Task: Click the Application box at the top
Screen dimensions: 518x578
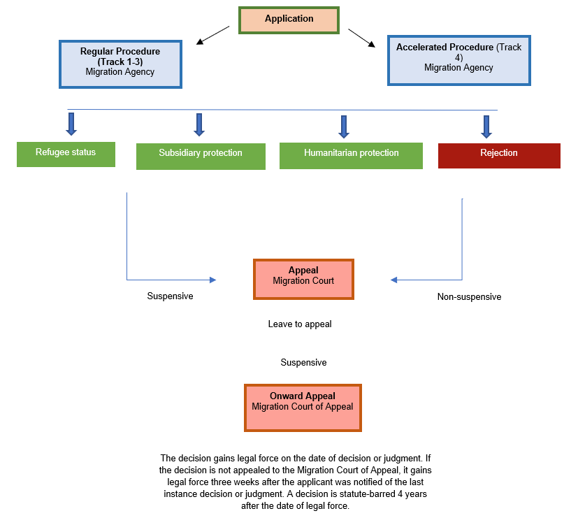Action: (289, 20)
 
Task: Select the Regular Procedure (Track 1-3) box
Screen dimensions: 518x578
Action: (120, 63)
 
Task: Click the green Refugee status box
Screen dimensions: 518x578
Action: (66, 153)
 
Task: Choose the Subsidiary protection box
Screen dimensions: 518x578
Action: (201, 155)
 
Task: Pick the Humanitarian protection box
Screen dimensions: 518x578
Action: (351, 154)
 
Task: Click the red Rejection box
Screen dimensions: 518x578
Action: (499, 154)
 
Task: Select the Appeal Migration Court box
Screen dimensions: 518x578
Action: (303, 278)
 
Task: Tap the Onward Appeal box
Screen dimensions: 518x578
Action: (303, 407)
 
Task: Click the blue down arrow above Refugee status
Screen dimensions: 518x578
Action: (71, 124)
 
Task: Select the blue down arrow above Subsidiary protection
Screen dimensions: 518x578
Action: (199, 124)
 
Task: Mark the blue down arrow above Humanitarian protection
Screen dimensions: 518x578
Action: (344, 127)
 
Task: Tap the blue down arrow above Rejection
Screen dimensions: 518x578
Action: (486, 127)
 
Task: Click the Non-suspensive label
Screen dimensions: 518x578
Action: (469, 296)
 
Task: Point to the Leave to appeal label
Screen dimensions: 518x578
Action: (300, 324)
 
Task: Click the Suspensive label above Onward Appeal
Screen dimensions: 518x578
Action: (303, 363)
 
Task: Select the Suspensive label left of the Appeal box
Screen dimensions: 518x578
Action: (170, 296)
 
